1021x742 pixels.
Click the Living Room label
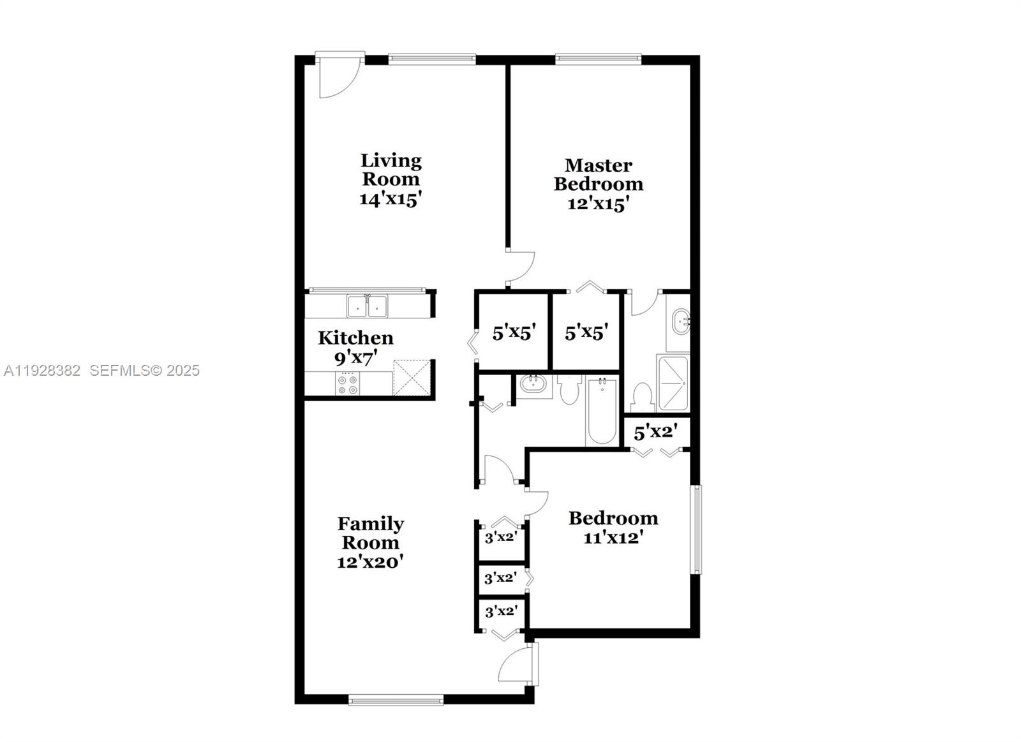(391, 170)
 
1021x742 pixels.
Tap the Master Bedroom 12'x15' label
(598, 184)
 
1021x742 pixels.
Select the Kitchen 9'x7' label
(355, 347)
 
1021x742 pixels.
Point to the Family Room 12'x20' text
(370, 542)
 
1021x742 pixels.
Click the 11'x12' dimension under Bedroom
(612, 538)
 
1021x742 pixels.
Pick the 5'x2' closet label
(654, 433)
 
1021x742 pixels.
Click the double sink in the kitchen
(367, 306)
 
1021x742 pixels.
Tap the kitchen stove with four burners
(348, 383)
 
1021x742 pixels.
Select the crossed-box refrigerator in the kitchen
(412, 378)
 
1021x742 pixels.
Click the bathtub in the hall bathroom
(602, 412)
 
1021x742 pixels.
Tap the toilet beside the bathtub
(569, 390)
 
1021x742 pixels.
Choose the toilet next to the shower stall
(641, 398)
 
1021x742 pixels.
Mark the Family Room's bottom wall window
(396, 700)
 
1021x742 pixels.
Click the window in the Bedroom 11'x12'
(697, 530)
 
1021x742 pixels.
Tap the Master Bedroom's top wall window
(598, 59)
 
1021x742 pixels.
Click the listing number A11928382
(42, 371)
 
